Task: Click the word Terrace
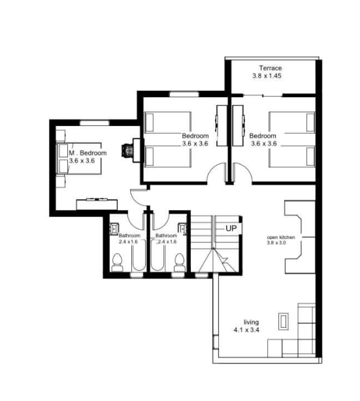tap(270, 68)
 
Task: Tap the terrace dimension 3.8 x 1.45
tap(270, 76)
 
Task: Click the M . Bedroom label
tap(83, 153)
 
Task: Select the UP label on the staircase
tap(231, 228)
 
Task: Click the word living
tap(251, 323)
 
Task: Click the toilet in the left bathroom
tap(118, 263)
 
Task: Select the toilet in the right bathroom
tap(180, 263)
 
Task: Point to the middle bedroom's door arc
tap(214, 175)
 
